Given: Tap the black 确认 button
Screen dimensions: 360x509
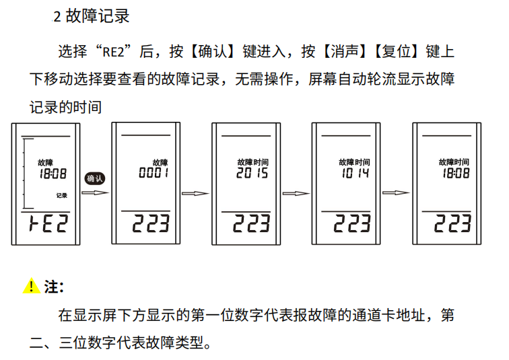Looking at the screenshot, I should point(95,178).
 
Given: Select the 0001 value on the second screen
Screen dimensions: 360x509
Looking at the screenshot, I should point(153,173).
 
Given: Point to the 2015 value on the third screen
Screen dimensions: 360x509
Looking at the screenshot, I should point(252,173).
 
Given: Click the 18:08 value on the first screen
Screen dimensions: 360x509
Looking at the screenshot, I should point(53,173).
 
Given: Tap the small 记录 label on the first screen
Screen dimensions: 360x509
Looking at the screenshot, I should point(61,195).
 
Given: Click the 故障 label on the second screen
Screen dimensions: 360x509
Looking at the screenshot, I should point(160,162).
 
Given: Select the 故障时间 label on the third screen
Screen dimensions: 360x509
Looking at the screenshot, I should point(252,162).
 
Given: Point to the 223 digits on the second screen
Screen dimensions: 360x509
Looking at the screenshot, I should point(151,224).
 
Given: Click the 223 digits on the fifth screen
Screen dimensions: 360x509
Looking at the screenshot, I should point(452,224).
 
